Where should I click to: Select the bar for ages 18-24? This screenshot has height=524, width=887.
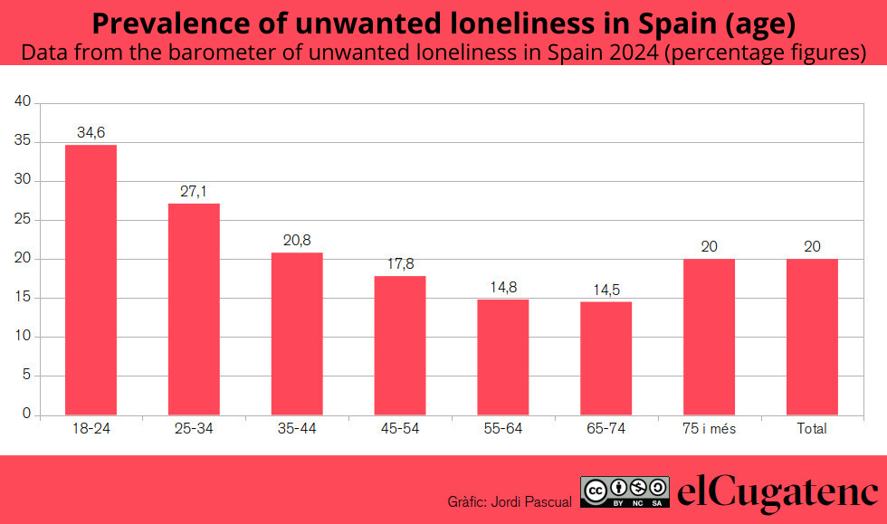click(x=91, y=280)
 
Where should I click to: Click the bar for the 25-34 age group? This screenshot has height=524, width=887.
click(x=194, y=309)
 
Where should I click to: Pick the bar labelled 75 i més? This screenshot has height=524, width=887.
click(x=709, y=337)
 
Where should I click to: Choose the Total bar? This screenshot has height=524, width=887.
click(x=812, y=337)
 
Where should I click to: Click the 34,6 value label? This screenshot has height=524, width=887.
click(x=91, y=133)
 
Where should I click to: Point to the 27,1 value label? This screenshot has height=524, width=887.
click(x=194, y=192)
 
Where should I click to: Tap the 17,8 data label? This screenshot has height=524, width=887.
click(x=400, y=264)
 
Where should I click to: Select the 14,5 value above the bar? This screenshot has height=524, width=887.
click(x=606, y=290)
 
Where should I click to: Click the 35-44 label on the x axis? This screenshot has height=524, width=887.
click(x=297, y=429)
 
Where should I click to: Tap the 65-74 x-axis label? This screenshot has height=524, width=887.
click(x=606, y=429)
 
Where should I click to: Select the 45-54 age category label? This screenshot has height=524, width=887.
click(x=400, y=429)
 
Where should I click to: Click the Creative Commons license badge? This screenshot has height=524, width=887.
click(x=625, y=491)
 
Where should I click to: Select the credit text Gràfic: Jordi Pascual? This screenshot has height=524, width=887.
click(x=510, y=500)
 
